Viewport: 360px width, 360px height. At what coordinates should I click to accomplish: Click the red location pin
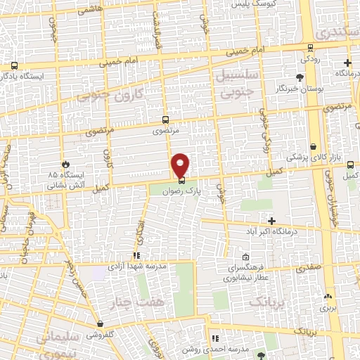pyautogui.click(x=181, y=165)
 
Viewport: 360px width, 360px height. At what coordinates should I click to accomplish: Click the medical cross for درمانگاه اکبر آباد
pyautogui.click(x=271, y=221)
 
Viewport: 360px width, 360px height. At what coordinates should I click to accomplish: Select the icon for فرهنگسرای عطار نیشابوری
pyautogui.click(x=245, y=257)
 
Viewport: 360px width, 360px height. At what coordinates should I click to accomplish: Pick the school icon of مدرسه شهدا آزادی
pyautogui.click(x=136, y=257)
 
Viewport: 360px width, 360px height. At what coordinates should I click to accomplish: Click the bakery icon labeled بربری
pyautogui.click(x=328, y=296)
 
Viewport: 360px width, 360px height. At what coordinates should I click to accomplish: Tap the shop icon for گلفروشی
pyautogui.click(x=101, y=324)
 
